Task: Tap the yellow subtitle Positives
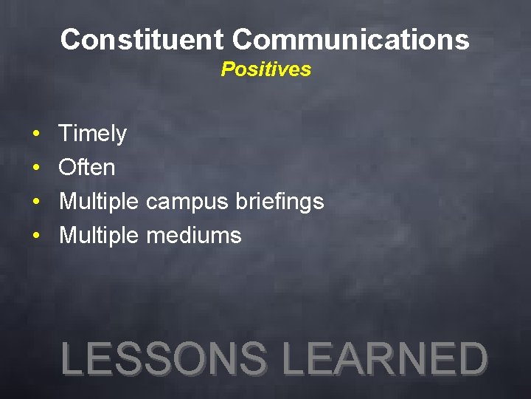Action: click(x=265, y=69)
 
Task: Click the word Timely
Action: click(x=92, y=134)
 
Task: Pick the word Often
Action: click(x=87, y=168)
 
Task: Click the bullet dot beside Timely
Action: click(x=35, y=134)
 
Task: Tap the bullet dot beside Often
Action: click(x=35, y=168)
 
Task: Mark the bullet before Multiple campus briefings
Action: click(x=35, y=202)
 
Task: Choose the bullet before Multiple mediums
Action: click(x=35, y=236)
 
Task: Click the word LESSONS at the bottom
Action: click(x=164, y=360)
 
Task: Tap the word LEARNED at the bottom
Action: click(x=385, y=360)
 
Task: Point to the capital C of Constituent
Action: click(x=70, y=39)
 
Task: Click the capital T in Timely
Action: click(x=66, y=134)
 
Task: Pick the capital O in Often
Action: click(x=67, y=168)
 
